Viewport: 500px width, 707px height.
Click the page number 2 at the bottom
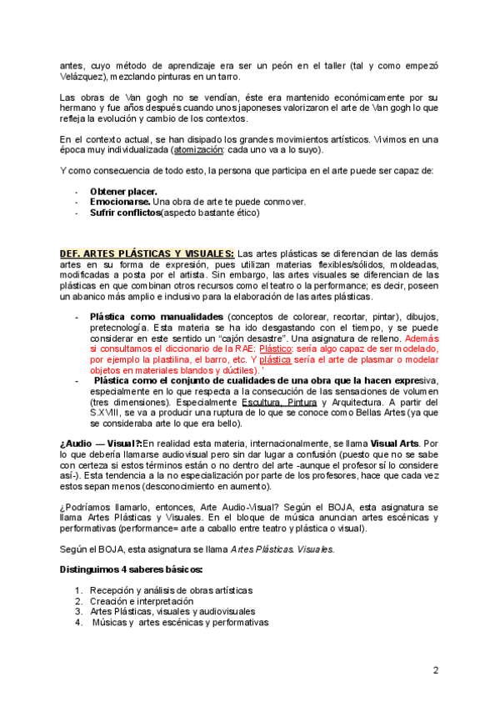pos(435,670)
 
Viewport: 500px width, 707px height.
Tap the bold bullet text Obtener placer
pos(123,191)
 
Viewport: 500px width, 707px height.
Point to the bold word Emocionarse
pos(121,202)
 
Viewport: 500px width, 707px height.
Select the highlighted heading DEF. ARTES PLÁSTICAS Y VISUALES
pos(147,253)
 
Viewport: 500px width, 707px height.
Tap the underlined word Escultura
pos(261,403)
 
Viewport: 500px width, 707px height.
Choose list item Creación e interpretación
pos(145,600)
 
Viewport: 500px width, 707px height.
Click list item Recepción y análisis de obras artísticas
pos(171,589)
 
